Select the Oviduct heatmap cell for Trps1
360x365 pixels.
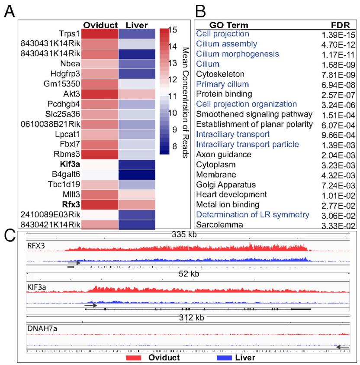coord(99,34)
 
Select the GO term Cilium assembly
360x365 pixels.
coord(226,44)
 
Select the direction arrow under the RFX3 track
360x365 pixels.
coord(74,263)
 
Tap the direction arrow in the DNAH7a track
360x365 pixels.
coord(342,347)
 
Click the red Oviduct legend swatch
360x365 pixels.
coord(135,358)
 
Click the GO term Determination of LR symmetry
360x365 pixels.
coord(253,215)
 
